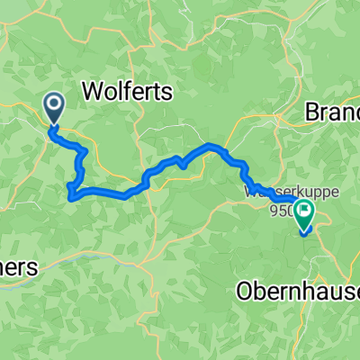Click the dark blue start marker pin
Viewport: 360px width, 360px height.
(55, 109)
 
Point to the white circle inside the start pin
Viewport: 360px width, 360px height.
(55, 105)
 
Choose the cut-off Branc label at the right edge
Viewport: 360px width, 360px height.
(334, 113)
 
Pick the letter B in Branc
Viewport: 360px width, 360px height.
(314, 113)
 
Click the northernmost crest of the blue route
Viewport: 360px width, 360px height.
(211, 144)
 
